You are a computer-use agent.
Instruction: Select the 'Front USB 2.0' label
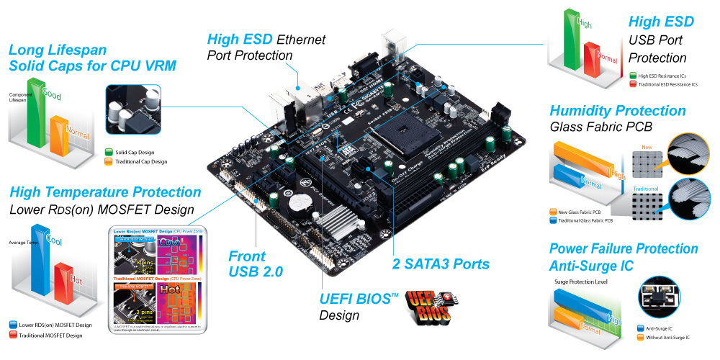256,264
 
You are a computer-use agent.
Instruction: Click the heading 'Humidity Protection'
617,111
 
